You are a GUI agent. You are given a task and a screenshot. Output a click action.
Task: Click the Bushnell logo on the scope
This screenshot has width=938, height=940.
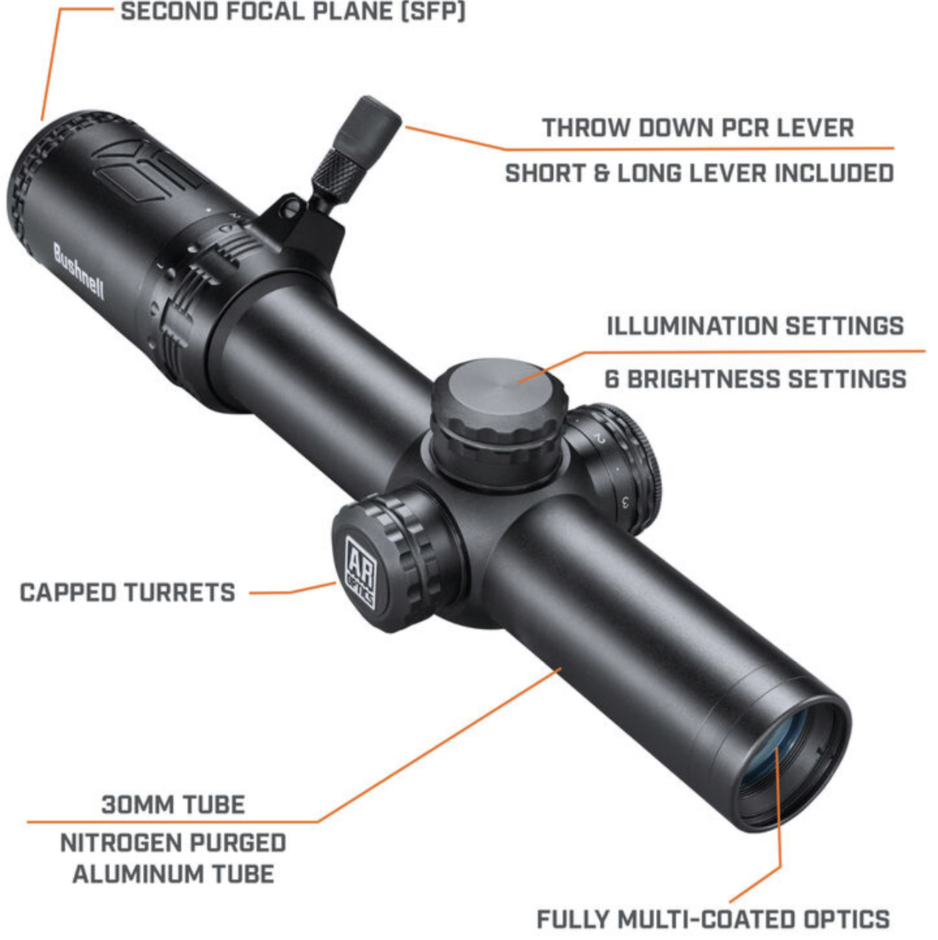tap(78, 271)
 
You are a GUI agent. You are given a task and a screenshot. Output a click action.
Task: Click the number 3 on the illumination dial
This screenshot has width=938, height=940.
tap(625, 502)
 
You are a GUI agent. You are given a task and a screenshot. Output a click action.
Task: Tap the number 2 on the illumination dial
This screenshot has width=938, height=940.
tap(600, 438)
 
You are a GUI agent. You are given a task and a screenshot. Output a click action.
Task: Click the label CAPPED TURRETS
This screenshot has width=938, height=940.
tap(127, 592)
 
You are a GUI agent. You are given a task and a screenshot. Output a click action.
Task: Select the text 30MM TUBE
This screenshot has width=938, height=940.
tap(173, 804)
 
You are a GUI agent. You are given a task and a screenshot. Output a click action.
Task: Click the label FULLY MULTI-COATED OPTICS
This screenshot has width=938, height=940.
tap(713, 919)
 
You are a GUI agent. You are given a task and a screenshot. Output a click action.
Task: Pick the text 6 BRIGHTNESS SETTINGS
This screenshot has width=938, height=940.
tap(755, 379)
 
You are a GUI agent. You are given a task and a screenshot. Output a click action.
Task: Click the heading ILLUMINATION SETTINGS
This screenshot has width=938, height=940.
tap(755, 326)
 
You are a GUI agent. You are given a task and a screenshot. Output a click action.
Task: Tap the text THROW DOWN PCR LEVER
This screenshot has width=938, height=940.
tap(698, 128)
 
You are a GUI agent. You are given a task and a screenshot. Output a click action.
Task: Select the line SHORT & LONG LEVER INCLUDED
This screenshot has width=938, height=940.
tap(699, 173)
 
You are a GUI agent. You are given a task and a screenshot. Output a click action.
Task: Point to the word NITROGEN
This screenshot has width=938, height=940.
tap(114, 843)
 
